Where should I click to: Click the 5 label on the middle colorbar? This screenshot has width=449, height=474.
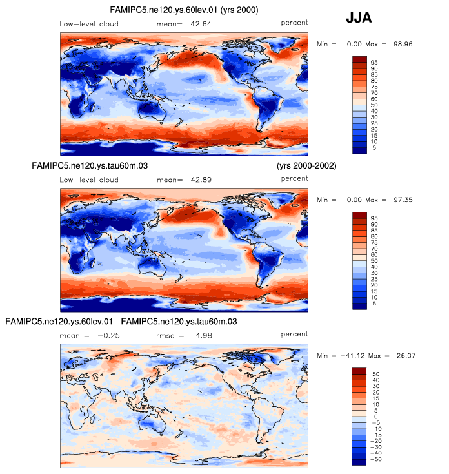[372, 302]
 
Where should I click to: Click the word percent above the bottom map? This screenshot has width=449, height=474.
[295, 335]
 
